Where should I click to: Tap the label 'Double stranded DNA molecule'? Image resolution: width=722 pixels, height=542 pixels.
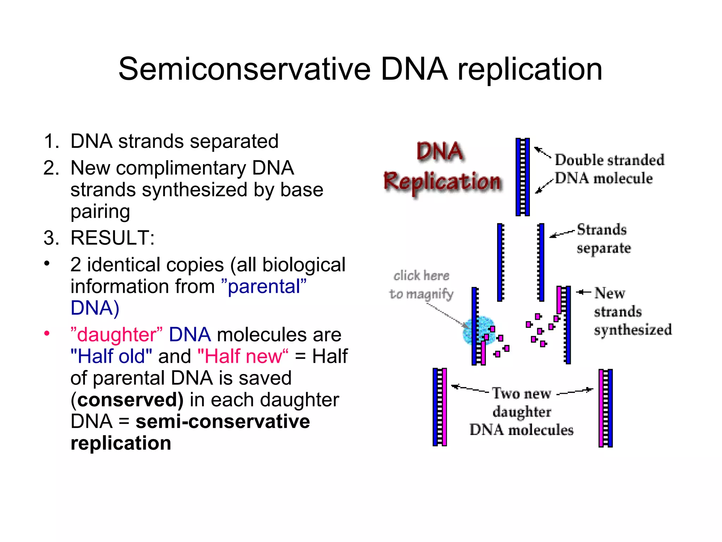coord(609,169)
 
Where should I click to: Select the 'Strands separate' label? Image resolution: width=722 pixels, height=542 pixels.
coord(603,239)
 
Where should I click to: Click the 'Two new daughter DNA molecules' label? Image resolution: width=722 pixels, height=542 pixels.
coord(521,412)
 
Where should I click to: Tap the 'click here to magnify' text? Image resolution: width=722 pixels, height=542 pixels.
coord(421,284)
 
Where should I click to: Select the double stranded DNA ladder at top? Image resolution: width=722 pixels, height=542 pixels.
coord(522,177)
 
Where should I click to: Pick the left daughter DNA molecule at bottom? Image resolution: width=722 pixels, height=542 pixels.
coord(440,407)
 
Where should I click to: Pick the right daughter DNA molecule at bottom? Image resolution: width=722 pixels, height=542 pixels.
coord(605,408)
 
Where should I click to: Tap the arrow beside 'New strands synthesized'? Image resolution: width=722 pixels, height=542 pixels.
coord(583,292)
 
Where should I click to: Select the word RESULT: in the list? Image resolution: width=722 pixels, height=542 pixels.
coord(112,238)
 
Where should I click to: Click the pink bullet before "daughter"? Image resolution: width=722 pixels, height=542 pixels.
coord(47,333)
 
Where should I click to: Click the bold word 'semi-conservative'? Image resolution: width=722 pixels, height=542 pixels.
coord(222,421)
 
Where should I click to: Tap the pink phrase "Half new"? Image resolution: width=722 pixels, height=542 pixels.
coord(243,356)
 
